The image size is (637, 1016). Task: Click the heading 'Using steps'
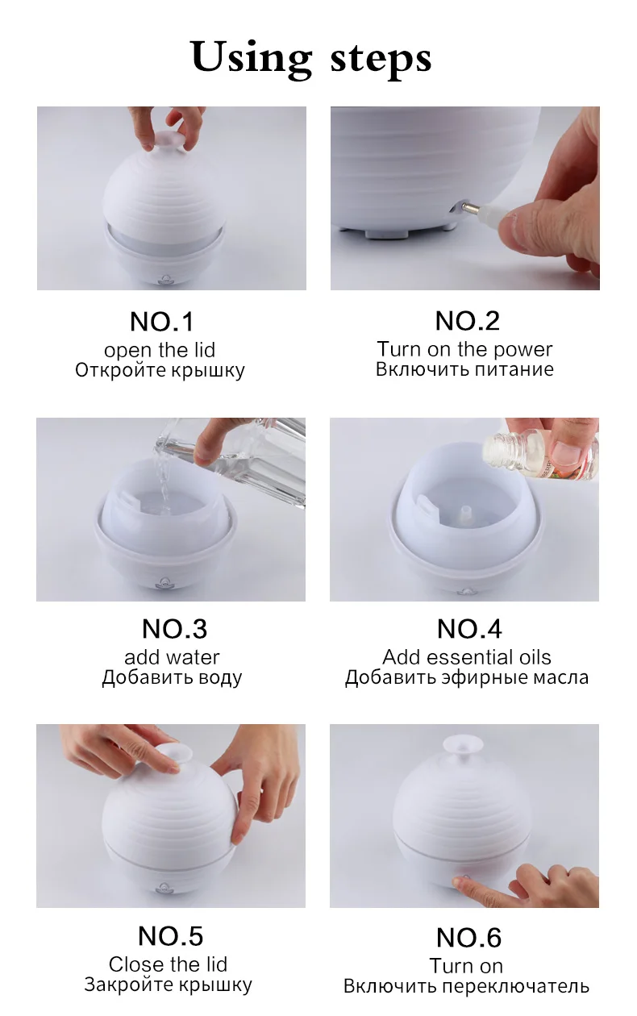[311, 58]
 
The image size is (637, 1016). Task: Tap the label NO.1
[162, 322]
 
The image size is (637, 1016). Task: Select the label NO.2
[468, 321]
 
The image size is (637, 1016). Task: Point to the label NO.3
[175, 629]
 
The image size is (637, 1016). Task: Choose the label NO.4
[469, 629]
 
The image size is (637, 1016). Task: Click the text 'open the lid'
[160, 350]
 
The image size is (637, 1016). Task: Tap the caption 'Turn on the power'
[464, 349]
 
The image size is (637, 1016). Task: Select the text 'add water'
[172, 657]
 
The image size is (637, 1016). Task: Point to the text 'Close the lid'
[168, 964]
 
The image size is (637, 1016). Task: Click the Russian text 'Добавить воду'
[172, 677]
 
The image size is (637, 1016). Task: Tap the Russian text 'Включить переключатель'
[466, 986]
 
